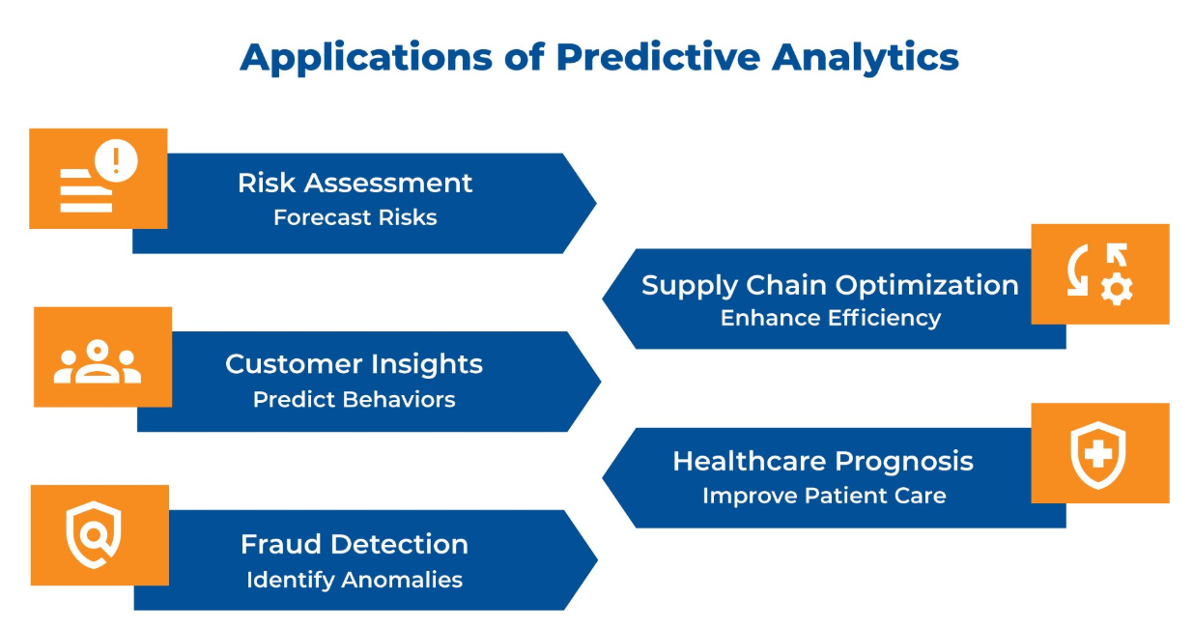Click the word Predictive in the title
point(658,57)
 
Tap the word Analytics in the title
point(866,58)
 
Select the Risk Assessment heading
point(355,183)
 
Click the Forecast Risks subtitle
point(355,217)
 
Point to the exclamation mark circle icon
point(116,160)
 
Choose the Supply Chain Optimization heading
point(830,286)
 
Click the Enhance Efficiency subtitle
point(831,318)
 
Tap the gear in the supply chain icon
point(1117,289)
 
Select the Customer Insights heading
point(354,365)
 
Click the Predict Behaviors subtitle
point(354,400)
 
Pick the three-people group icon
point(98,361)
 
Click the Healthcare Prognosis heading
point(823,462)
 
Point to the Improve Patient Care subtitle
point(824,496)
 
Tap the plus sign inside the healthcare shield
point(1098,455)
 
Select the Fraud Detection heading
point(355,545)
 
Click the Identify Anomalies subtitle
point(355,580)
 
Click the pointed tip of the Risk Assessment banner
point(596,203)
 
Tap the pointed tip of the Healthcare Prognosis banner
point(603,478)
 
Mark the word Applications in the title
point(366,58)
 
